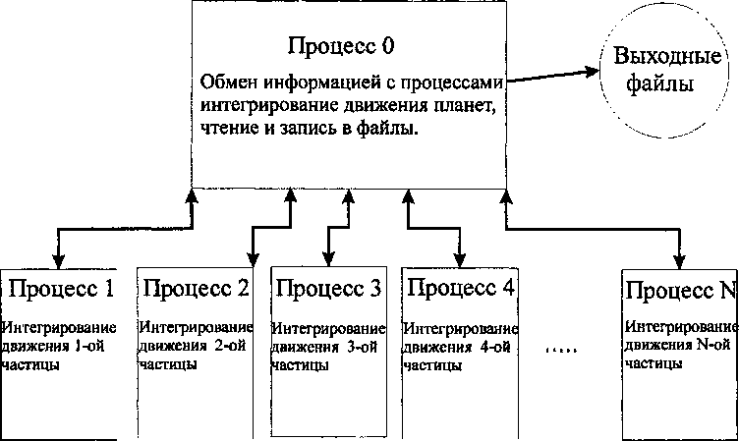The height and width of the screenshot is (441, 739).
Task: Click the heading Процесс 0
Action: tap(341, 46)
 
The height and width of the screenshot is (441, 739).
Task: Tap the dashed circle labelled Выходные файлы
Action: tap(661, 67)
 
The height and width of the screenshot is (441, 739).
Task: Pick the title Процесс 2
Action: tap(195, 290)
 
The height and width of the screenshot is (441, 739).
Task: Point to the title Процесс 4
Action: tap(460, 290)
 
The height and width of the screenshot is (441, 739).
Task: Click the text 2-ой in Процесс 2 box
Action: tap(223, 347)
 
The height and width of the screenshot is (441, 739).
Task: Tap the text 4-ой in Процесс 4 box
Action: tap(488, 347)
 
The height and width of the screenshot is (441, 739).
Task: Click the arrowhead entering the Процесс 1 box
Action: tap(59, 261)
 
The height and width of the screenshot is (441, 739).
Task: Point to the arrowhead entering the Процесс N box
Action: tap(679, 261)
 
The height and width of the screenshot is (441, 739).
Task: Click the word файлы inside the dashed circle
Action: tap(661, 83)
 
